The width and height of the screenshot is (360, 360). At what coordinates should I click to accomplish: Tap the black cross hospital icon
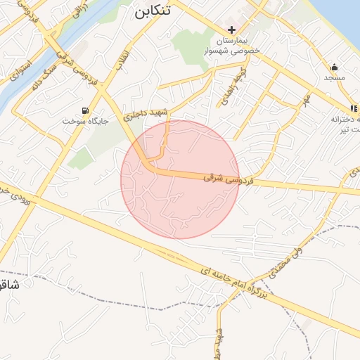tap(232, 30)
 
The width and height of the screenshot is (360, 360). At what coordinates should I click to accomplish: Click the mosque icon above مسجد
tap(333, 67)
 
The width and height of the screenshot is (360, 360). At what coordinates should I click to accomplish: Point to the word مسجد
tap(334, 78)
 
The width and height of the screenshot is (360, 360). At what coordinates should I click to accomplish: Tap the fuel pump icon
tap(86, 110)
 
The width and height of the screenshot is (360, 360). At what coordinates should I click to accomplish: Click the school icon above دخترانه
tap(354, 108)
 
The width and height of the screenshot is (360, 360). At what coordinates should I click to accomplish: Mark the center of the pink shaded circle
tap(180, 179)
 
